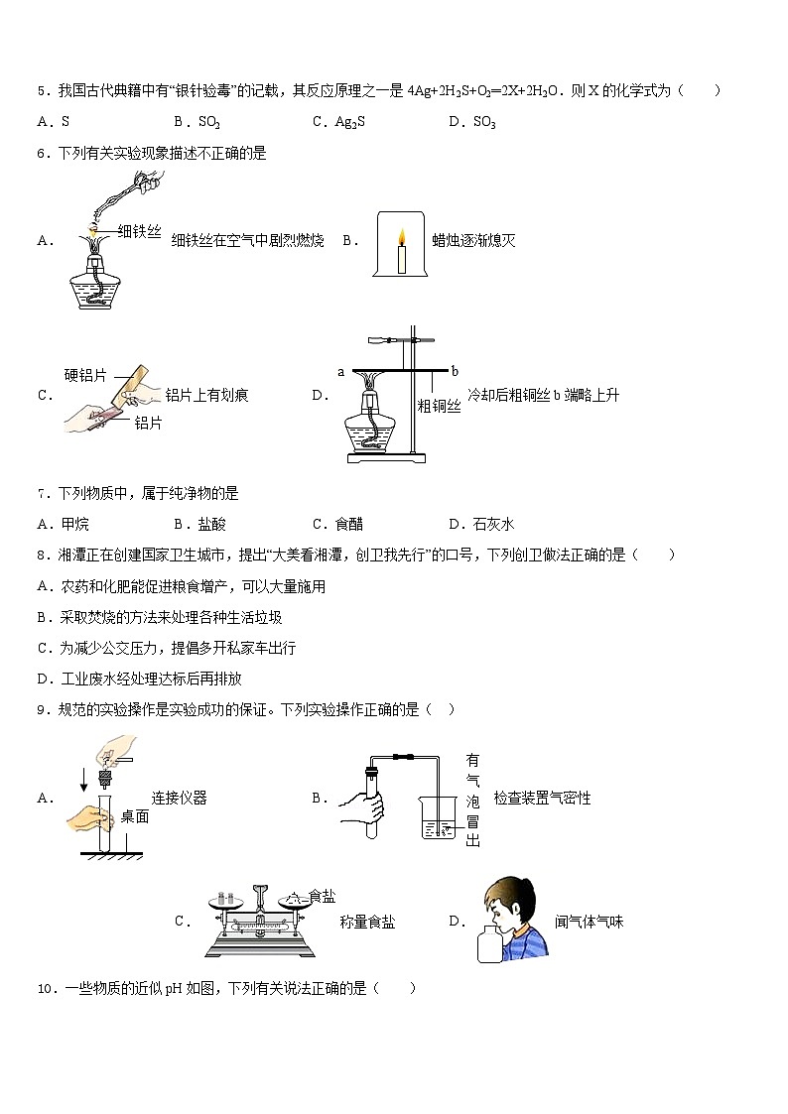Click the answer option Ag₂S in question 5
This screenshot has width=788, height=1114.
[x=334, y=122]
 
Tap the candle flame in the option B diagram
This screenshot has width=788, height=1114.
[x=402, y=237]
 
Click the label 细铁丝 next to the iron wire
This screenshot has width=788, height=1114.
[x=139, y=231]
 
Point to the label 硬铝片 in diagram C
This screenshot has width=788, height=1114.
[x=85, y=375]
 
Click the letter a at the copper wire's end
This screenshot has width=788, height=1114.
[x=340, y=372]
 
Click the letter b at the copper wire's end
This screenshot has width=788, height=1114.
[x=455, y=372]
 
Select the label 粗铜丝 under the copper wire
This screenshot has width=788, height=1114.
[x=439, y=405]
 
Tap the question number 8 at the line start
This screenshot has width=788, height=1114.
[x=42, y=556]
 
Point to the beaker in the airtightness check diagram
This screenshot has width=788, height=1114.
[x=439, y=816]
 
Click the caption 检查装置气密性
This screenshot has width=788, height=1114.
[x=542, y=798]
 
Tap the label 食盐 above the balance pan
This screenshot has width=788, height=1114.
[x=323, y=896]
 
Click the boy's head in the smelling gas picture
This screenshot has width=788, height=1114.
[x=509, y=905]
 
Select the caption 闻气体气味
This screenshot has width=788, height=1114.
[x=590, y=922]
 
